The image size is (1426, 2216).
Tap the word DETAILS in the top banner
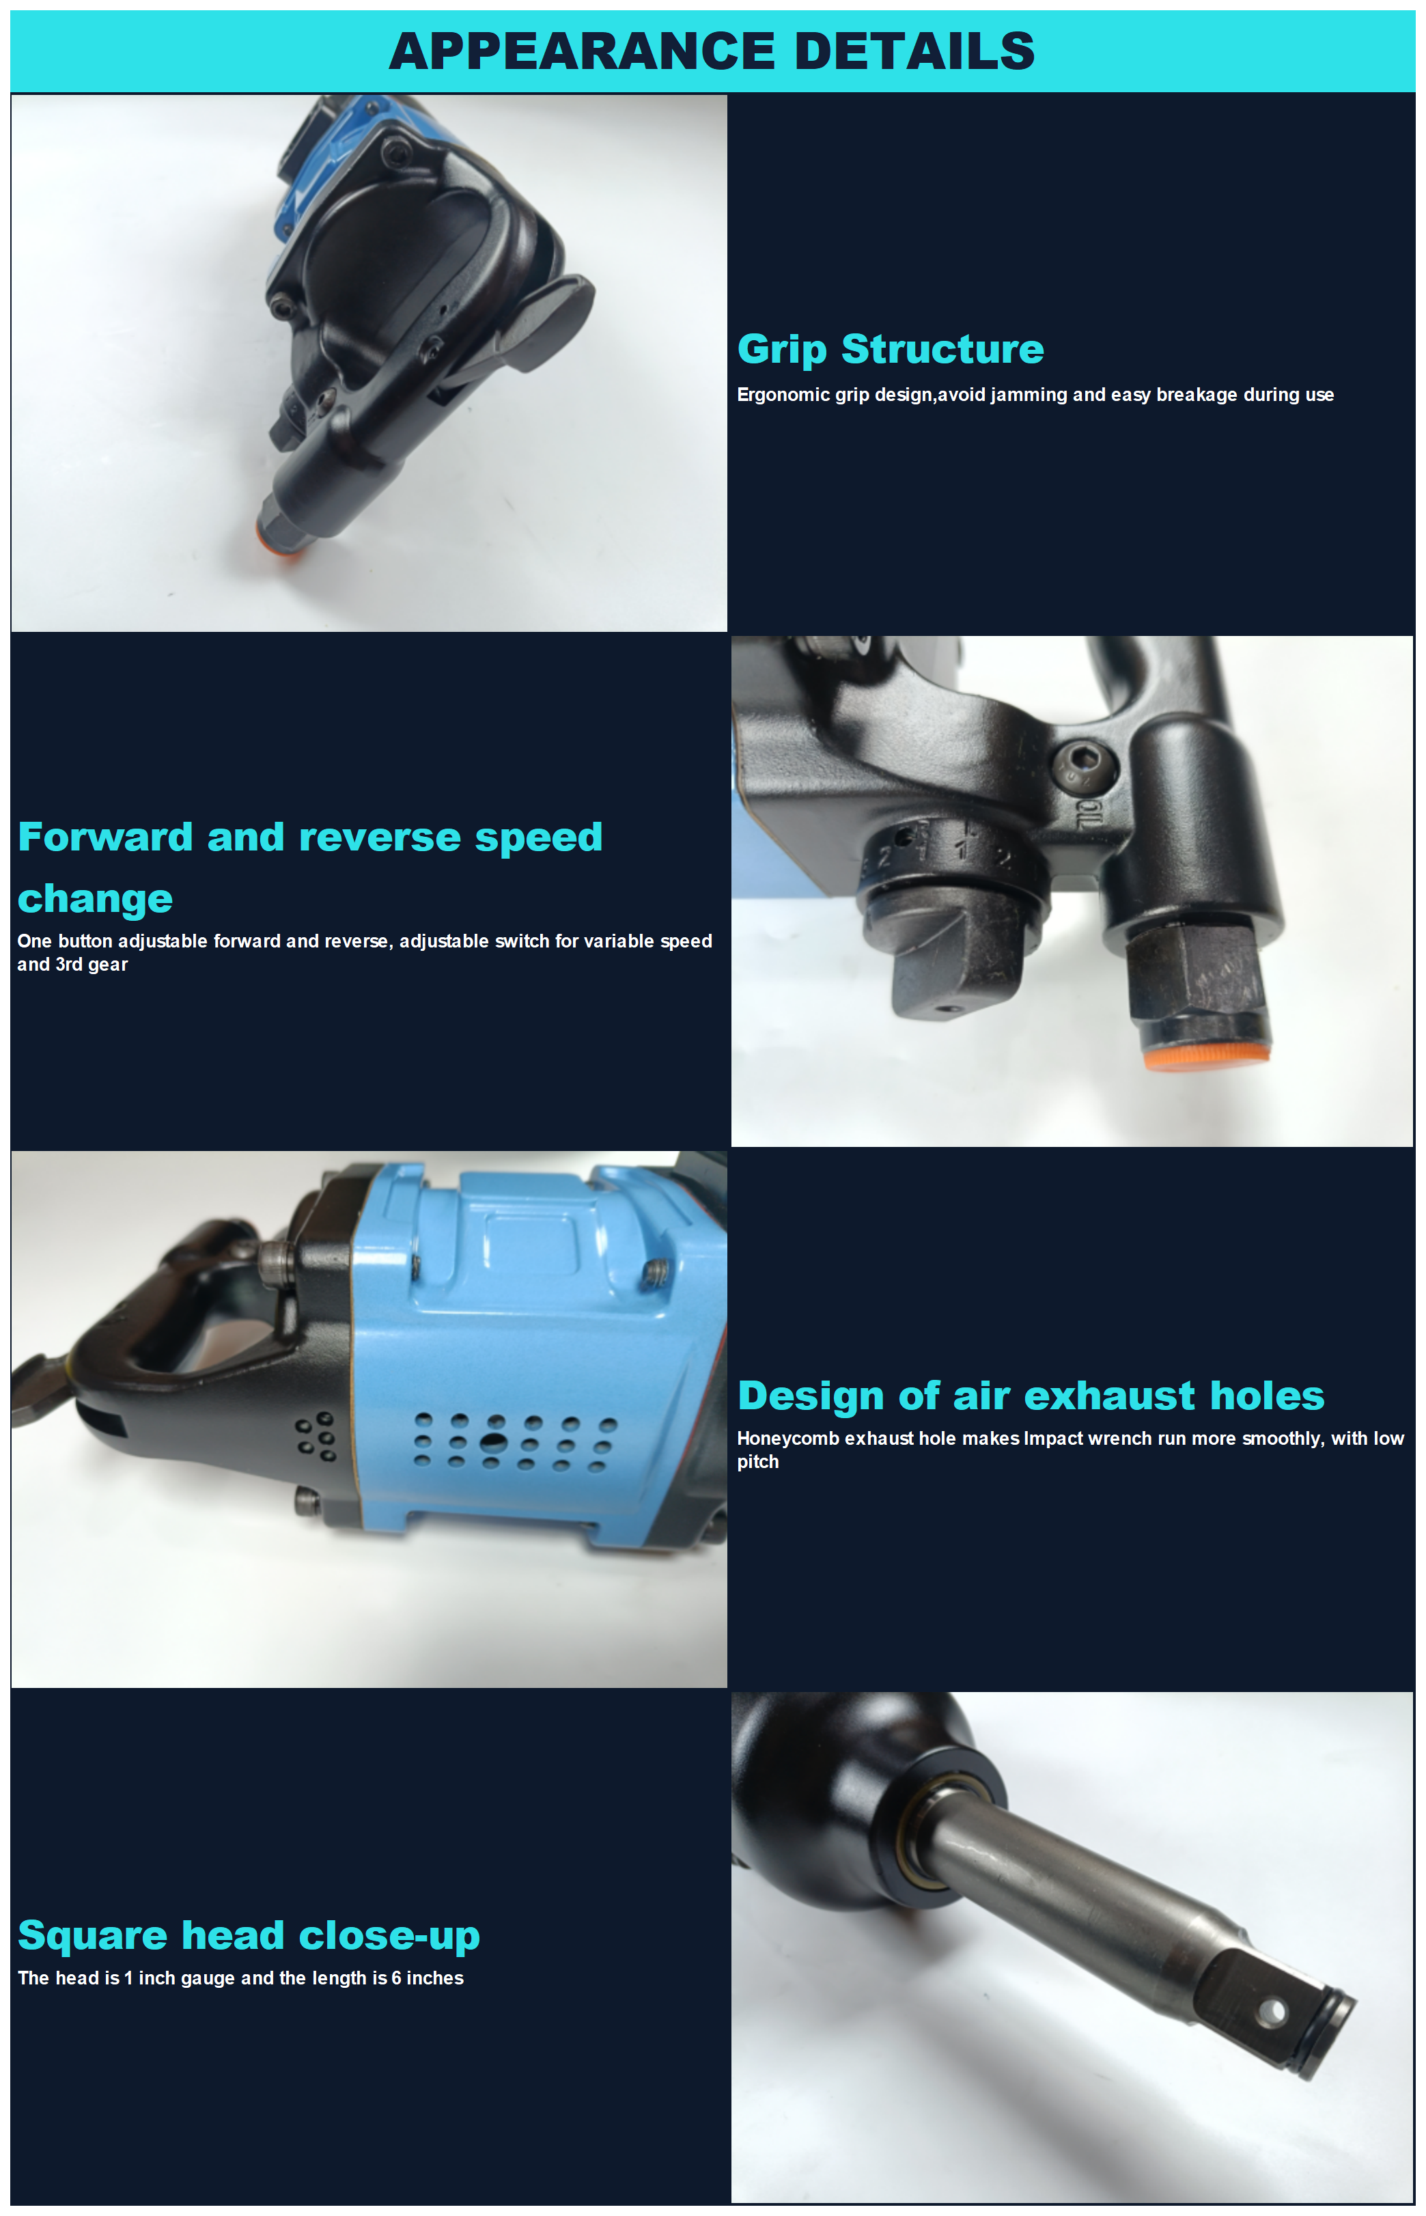(915, 51)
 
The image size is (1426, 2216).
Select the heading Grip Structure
(890, 349)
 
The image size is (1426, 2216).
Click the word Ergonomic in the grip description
(783, 394)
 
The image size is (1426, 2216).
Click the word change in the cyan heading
(96, 898)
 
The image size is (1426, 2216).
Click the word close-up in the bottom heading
(389, 1935)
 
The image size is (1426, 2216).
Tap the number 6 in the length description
(396, 1978)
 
